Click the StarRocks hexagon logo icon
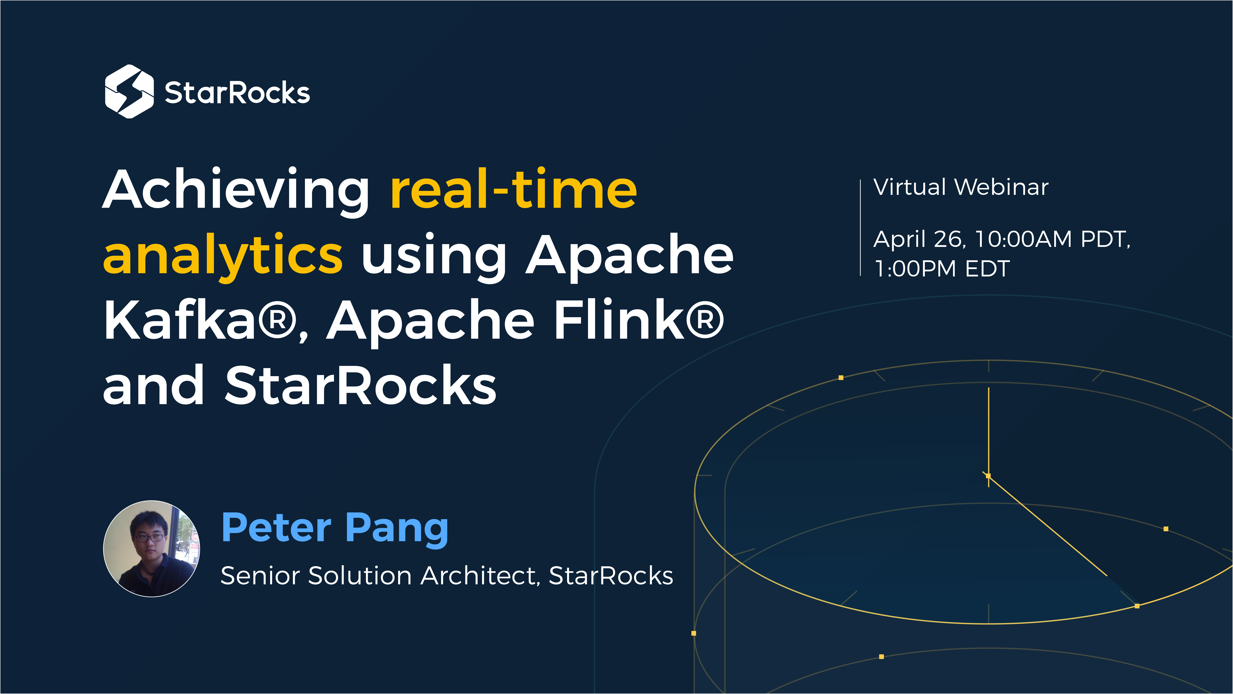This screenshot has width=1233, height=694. pos(129,91)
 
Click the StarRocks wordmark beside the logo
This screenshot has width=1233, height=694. pos(237,93)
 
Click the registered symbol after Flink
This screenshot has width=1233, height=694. pos(705,320)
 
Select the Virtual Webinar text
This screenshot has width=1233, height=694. pos(961,187)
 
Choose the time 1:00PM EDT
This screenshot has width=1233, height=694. pos(941,268)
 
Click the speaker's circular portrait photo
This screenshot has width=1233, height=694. pos(152,548)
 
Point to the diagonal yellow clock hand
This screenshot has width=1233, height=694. pos(1048,526)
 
